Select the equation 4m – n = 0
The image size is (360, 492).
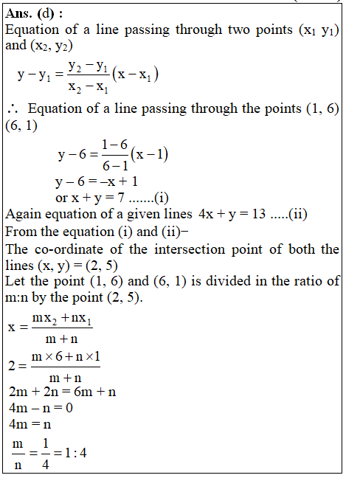(39, 408)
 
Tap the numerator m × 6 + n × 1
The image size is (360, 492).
(66, 357)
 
